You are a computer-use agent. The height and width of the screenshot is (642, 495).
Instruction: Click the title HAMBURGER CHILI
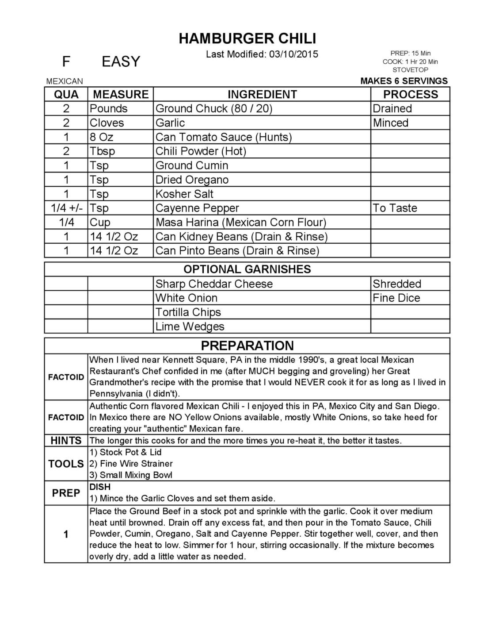247,38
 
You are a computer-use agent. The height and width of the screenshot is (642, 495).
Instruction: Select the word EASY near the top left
121,62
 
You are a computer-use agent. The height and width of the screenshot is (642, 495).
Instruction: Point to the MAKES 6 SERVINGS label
404,81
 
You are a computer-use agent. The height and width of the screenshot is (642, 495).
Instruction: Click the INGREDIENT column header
262,94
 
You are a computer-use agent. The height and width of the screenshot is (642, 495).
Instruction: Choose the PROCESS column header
410,94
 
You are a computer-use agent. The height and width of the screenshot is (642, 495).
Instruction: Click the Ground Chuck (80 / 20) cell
214,109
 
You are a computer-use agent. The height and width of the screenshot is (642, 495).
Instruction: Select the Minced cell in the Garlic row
391,123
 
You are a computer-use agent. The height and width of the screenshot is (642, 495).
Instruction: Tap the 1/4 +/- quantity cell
66,208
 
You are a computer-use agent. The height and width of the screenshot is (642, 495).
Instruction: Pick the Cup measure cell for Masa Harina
100,223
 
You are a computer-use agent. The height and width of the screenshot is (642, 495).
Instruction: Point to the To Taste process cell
395,208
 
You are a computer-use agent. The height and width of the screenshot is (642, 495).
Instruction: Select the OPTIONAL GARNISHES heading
247,269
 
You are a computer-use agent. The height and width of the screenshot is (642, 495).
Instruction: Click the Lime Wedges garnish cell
190,327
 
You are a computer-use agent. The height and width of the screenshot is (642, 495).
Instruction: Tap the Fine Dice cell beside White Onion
396,298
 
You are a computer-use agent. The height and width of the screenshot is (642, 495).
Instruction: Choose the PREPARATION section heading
247,346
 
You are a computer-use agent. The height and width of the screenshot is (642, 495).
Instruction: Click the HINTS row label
66,441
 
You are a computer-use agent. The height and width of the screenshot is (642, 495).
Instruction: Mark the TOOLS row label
66,464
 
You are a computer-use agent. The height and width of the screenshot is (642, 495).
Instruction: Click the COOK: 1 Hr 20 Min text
410,62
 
